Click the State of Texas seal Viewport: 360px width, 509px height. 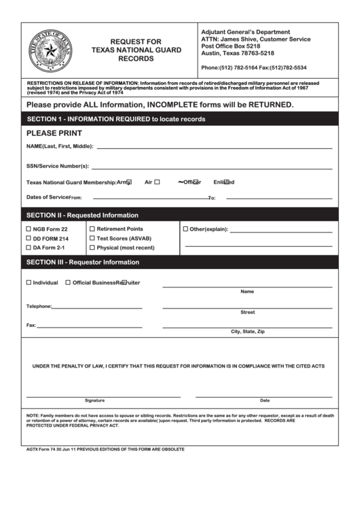[x=50, y=50]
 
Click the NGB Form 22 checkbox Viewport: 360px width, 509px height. [x=29, y=230]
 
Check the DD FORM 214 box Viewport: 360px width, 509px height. [x=29, y=239]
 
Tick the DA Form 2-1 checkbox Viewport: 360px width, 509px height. [x=29, y=247]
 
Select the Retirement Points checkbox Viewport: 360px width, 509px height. [x=92, y=229]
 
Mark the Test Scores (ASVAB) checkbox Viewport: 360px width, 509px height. [x=92, y=239]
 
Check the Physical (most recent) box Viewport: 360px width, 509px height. [x=92, y=247]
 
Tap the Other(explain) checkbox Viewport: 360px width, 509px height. [x=185, y=229]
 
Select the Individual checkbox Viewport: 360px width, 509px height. [x=29, y=282]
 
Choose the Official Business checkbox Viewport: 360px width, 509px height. [x=68, y=282]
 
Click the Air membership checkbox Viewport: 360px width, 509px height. [x=157, y=181]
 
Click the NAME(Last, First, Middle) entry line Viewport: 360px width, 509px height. [x=214, y=147]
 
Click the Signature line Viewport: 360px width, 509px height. [x=103, y=395]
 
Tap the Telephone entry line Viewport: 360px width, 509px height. [x=97, y=307]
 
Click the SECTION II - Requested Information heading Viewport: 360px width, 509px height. [x=82, y=215]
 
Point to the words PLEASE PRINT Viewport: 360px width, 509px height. [x=54, y=133]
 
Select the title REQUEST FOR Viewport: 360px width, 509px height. [x=136, y=41]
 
